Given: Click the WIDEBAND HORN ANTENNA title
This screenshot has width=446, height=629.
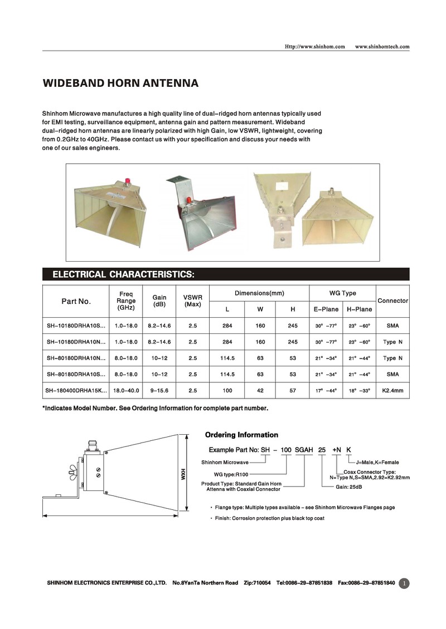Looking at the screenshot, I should [120, 84].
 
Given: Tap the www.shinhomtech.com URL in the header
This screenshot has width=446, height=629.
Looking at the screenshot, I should [382, 46].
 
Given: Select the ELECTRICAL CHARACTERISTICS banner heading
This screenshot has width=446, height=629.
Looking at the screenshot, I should [123, 274].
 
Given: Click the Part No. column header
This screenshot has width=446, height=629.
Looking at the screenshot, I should [76, 301].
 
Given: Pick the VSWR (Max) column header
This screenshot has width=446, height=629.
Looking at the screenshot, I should [192, 301].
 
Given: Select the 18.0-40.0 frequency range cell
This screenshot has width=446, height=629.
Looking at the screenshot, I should [126, 391].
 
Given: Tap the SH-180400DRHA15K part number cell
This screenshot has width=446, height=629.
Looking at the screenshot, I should [75, 391].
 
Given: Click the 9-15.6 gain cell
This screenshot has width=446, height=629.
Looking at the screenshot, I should [159, 391].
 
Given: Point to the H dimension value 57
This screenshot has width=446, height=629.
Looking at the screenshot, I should [293, 391].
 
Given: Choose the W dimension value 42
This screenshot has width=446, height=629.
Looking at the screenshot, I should [260, 391].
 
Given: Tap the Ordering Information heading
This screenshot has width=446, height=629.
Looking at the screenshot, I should [241, 435].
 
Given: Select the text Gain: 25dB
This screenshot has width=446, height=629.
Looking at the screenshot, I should [349, 487].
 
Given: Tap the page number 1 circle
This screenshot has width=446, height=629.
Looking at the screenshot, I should [405, 583].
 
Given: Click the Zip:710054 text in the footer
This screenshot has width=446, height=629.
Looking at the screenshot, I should [257, 583].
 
